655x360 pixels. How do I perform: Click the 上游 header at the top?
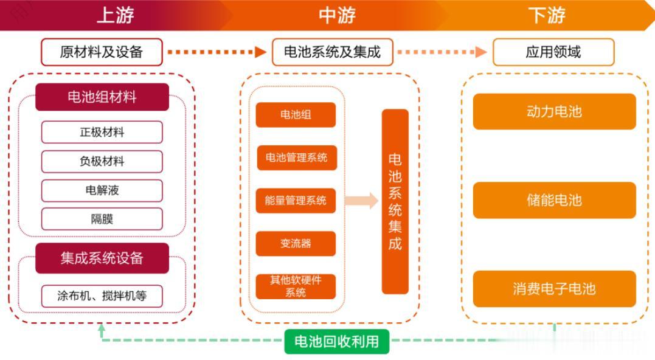tap(116, 15)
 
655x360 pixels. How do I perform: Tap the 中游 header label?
tap(337, 15)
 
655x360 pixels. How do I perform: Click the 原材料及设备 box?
tap(102, 52)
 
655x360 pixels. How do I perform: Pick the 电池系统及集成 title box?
tap(332, 52)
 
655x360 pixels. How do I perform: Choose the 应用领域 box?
tap(553, 52)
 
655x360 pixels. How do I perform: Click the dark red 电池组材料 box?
tap(102, 97)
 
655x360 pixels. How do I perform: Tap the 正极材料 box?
tap(102, 132)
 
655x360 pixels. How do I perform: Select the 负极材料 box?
tap(102, 161)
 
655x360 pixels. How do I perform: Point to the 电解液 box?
tap(102, 190)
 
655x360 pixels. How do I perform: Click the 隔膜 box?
tap(102, 219)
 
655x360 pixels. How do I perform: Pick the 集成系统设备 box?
tap(102, 258)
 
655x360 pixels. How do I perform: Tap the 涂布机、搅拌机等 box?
tap(102, 296)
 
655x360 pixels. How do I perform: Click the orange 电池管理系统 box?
tap(296, 157)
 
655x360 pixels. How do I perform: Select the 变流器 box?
tap(296, 243)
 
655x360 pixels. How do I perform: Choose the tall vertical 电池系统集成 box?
tap(395, 201)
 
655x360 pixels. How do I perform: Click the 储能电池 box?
tap(554, 200)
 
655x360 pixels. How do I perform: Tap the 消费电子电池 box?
tap(554, 288)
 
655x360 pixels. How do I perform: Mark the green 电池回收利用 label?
tap(336, 342)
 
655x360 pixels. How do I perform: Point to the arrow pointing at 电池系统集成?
tap(361, 201)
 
